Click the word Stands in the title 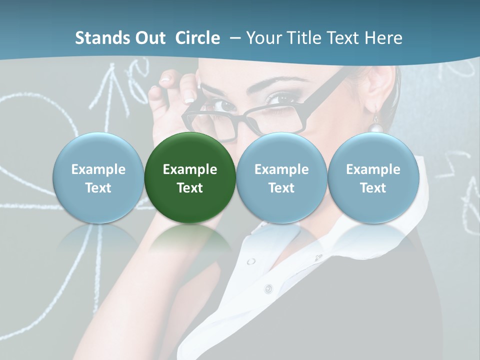pyautogui.click(x=99, y=38)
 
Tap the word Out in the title pyautogui.click(x=148, y=38)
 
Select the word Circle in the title pyautogui.click(x=197, y=38)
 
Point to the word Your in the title pyautogui.click(x=264, y=38)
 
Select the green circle pyautogui.click(x=189, y=177)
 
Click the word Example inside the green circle pyautogui.click(x=189, y=169)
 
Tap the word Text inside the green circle pyautogui.click(x=189, y=187)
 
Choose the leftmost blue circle pyautogui.click(x=98, y=177)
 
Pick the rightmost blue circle pyautogui.click(x=373, y=177)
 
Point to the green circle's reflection pyautogui.click(x=189, y=240)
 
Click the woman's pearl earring pyautogui.click(x=376, y=127)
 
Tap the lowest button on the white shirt pyautogui.click(x=268, y=288)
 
